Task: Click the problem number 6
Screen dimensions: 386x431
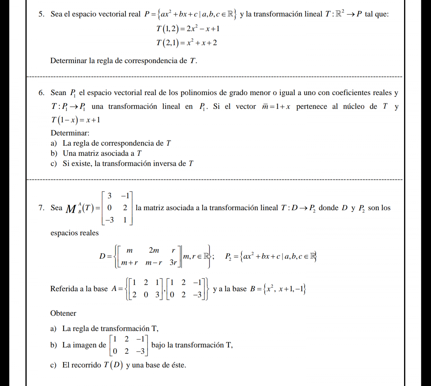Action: (x=41, y=93)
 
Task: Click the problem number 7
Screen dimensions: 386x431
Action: (x=41, y=208)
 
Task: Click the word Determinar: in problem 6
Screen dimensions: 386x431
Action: (x=70, y=133)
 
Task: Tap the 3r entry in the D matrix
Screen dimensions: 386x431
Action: (x=173, y=263)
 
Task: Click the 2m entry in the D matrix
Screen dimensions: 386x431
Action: (x=154, y=250)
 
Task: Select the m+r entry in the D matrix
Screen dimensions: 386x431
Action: (x=130, y=263)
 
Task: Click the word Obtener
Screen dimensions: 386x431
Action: (x=63, y=314)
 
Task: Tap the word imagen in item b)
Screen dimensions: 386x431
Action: (x=84, y=345)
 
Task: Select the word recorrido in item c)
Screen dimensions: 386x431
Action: (x=86, y=365)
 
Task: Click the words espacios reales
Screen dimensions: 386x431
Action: (x=74, y=233)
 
